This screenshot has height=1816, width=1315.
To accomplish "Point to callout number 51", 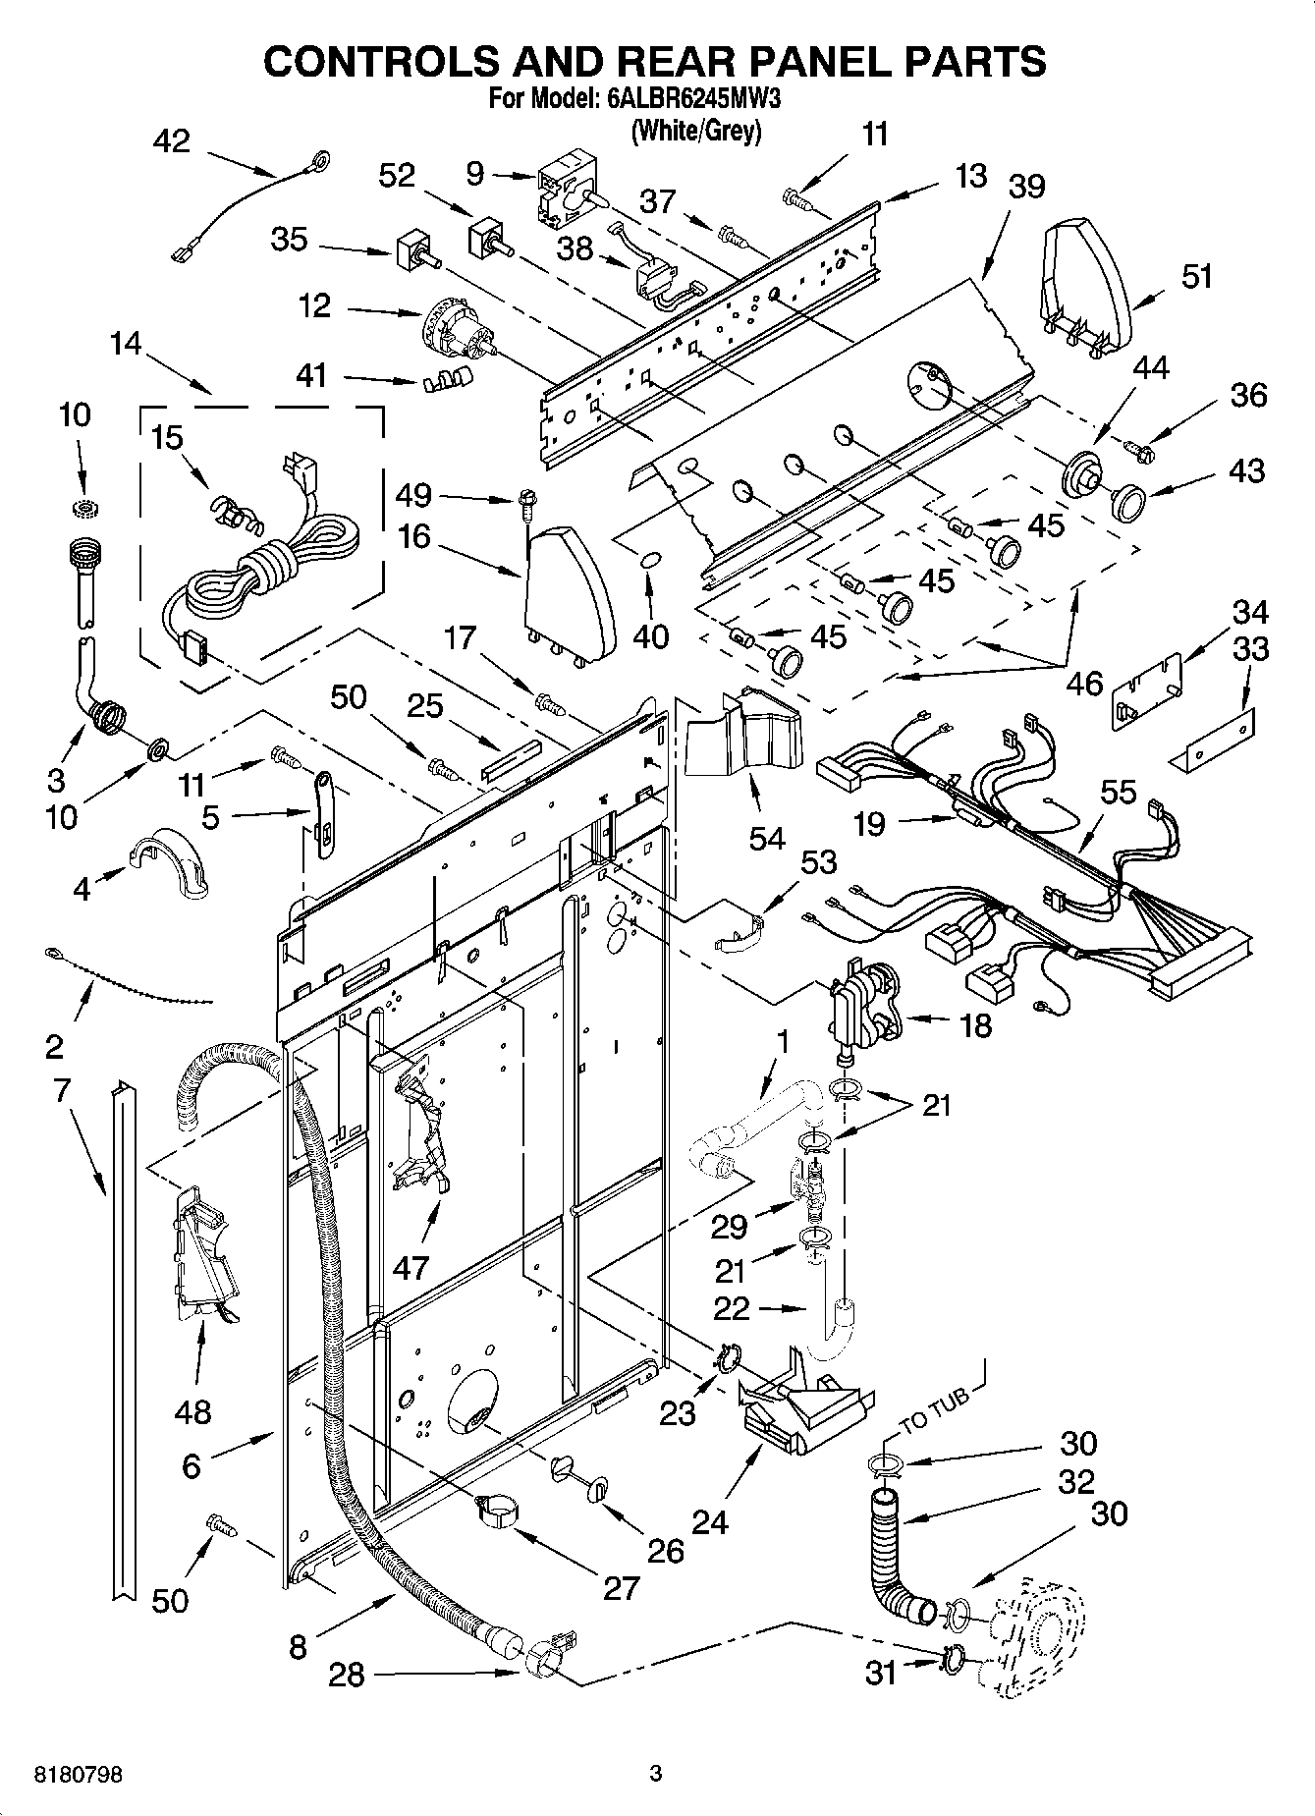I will tap(1196, 277).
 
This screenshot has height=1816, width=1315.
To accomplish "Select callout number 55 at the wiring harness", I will tap(1119, 792).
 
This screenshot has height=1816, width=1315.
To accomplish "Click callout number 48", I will tap(192, 1412).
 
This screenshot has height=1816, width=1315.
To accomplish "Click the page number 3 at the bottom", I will tap(656, 1774).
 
